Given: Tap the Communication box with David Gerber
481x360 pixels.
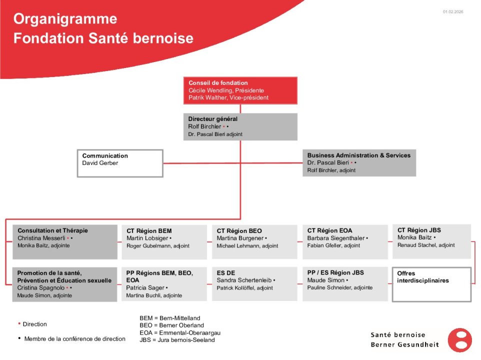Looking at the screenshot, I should click(120, 163).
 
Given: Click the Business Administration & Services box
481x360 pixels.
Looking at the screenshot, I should click(359, 163).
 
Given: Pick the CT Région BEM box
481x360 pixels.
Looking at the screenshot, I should click(164, 242).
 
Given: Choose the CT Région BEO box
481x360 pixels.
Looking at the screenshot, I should click(254, 242).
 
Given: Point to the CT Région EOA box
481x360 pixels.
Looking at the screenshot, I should click(345, 242).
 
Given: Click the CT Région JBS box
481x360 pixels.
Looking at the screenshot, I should click(431, 241).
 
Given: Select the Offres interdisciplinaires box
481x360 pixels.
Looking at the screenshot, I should click(431, 284).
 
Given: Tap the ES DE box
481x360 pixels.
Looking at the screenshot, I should click(254, 284).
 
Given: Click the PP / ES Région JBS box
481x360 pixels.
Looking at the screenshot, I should click(345, 284).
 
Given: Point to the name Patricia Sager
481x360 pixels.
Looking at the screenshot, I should click(145, 288).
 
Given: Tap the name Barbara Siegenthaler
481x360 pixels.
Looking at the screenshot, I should click(336, 238).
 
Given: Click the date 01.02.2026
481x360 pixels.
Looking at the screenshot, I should click(452, 11).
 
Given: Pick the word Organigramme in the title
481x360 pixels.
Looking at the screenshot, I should click(65, 19).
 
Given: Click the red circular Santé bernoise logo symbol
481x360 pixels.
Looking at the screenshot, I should click(459, 340).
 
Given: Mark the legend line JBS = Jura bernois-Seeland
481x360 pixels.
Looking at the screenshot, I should click(177, 340).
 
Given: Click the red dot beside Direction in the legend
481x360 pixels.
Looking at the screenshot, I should click(19, 323).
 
